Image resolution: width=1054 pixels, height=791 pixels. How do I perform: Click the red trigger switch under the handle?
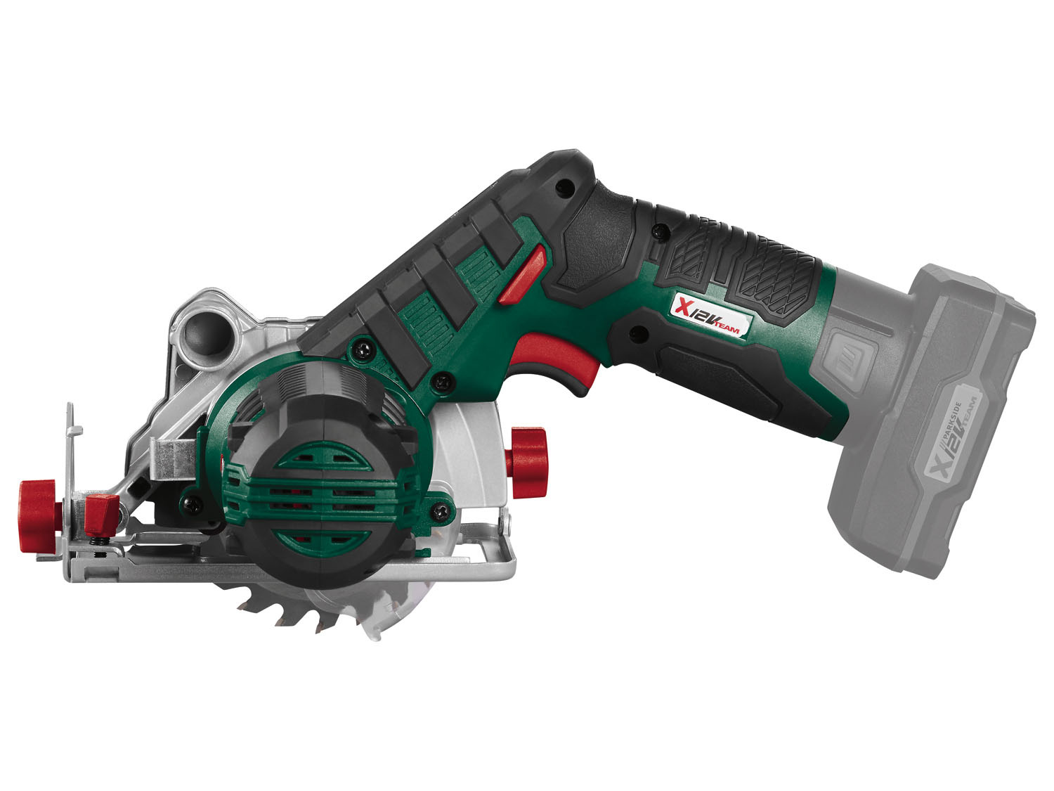[557, 359]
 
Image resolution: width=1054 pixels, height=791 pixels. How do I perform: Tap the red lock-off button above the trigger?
[523, 275]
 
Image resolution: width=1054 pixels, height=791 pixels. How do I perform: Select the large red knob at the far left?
[39, 516]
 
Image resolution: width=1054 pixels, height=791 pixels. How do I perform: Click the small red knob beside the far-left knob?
[102, 515]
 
